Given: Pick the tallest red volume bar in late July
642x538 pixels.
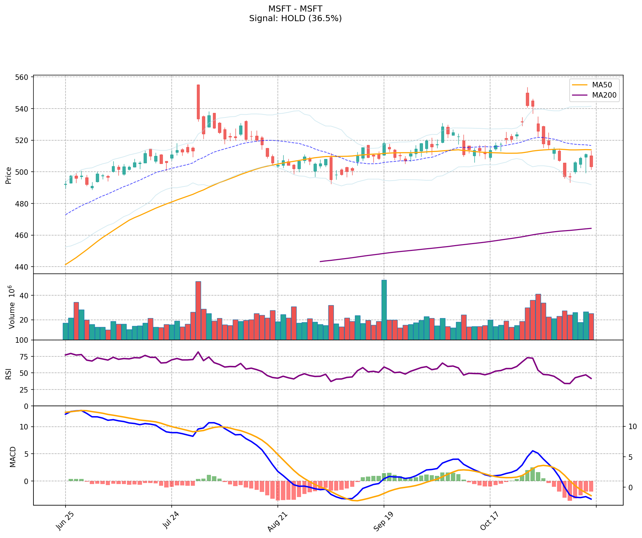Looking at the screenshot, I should (x=198, y=310).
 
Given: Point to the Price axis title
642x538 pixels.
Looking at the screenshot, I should (x=9, y=175).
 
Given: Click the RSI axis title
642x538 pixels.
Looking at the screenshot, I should (x=9, y=373).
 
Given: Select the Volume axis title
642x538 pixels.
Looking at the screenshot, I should (x=12, y=307).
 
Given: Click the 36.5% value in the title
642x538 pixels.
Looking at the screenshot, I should (x=325, y=18).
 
